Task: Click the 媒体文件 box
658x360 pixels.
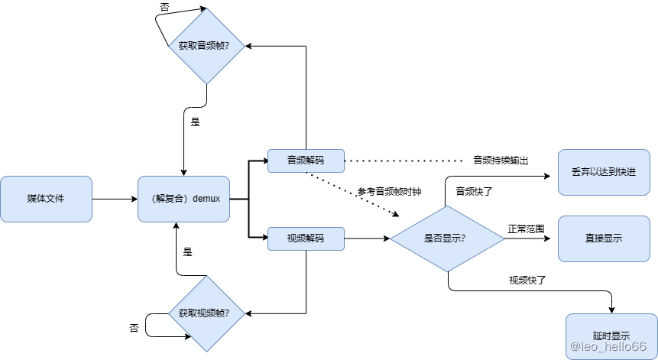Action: pos(46,199)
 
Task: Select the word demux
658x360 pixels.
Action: pos(206,199)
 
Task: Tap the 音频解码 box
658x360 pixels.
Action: pos(306,161)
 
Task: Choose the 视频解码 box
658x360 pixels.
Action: pos(306,238)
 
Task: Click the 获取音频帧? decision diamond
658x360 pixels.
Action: pos(206,46)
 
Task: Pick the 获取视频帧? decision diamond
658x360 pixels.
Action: pos(206,313)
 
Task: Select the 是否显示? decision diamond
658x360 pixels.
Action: pos(446,238)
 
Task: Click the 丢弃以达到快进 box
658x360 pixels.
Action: pos(603,173)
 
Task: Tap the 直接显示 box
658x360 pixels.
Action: pos(603,238)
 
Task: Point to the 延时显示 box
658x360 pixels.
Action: pos(611,335)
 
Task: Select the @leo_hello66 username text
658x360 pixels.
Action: pos(608,345)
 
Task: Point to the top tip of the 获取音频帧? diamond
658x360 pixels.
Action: pos(206,9)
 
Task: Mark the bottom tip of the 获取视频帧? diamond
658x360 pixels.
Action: pos(206,351)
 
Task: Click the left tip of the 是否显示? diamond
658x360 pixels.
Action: pos(391,238)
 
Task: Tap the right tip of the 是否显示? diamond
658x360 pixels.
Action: pos(504,238)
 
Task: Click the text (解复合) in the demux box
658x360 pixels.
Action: pos(170,199)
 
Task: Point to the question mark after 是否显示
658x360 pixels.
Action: pos(463,238)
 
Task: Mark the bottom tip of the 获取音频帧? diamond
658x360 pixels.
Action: pos(206,83)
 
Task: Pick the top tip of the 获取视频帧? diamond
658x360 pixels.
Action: pos(206,277)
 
